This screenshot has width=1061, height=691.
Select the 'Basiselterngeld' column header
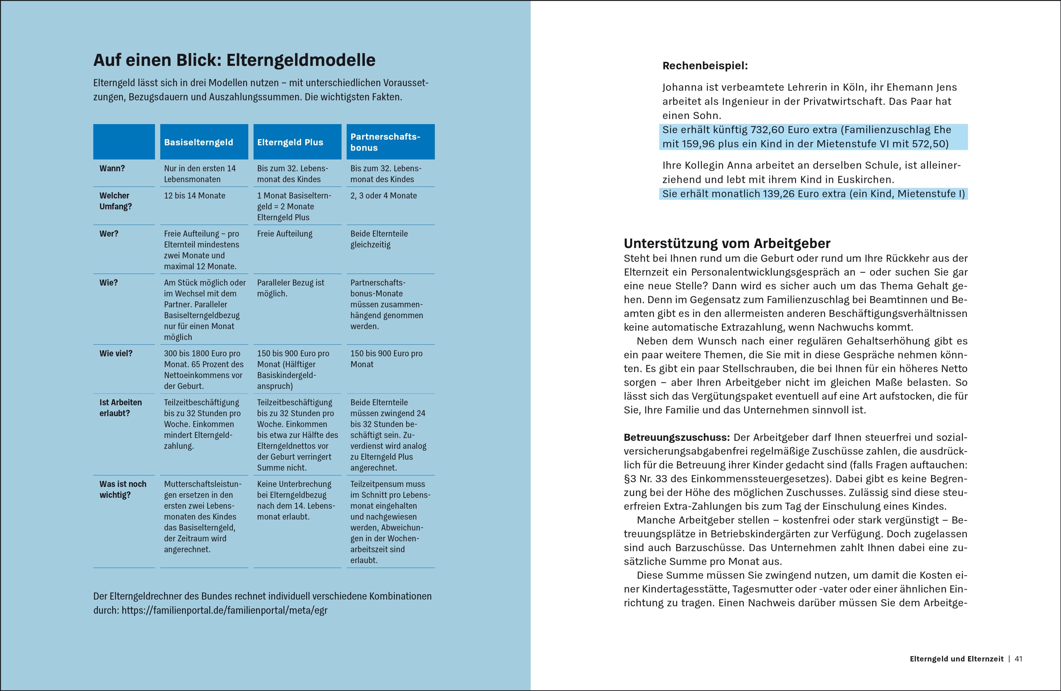tap(198, 142)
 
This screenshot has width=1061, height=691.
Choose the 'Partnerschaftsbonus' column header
tap(385, 142)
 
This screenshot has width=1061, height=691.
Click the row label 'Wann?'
tap(112, 168)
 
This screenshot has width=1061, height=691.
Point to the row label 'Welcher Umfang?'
tap(115, 201)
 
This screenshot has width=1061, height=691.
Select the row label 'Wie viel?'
tap(116, 353)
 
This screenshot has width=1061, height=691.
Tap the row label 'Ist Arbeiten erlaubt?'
tap(120, 408)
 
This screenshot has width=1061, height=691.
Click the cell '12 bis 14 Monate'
tap(194, 196)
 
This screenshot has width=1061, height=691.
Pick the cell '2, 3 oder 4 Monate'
tap(383, 196)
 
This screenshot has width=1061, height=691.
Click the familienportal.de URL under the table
tap(224, 610)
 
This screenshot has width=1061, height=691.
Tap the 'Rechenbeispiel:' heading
tap(705, 66)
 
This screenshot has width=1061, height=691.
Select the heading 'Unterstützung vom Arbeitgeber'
tap(727, 243)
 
